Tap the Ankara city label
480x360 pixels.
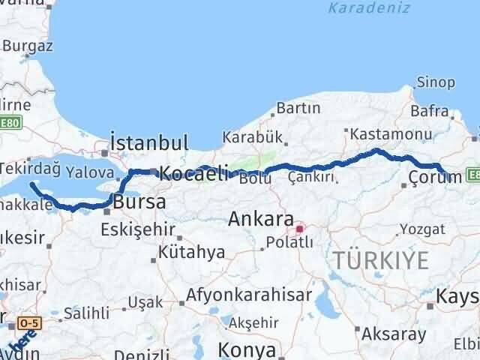pyautogui.click(x=260, y=220)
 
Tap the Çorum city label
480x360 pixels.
pyautogui.click(x=434, y=177)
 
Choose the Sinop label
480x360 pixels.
pyautogui.click(x=436, y=82)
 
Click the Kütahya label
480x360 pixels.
pyautogui.click(x=191, y=252)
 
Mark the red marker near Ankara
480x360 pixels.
pyautogui.click(x=300, y=229)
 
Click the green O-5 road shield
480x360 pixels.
pyautogui.click(x=28, y=322)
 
